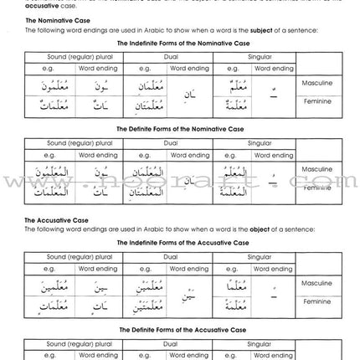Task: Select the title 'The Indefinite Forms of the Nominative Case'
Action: pos(181,43)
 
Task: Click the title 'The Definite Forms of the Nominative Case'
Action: pos(181,131)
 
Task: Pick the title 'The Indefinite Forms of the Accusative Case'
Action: pos(181,243)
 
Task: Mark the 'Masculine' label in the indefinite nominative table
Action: pos(316,84)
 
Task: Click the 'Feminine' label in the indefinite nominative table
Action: pos(316,101)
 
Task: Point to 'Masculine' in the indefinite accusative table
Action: pos(316,284)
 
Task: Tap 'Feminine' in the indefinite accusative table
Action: pos(316,301)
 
